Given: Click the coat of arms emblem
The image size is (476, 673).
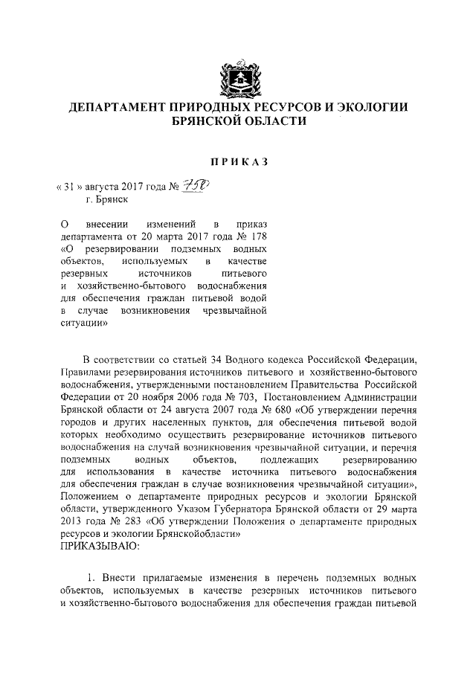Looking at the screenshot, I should (237, 75).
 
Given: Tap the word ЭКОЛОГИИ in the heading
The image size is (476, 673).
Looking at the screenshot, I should (370, 109).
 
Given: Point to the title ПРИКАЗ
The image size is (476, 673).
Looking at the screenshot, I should (237, 161).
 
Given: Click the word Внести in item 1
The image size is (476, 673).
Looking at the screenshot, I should (121, 577).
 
